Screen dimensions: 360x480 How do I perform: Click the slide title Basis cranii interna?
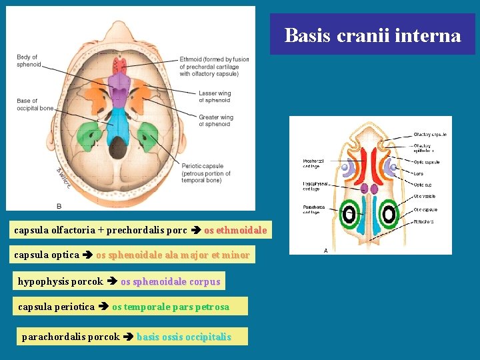tap(372, 35)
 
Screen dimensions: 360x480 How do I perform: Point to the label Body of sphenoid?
tap(28, 61)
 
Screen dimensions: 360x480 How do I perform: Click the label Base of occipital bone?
tap(35, 105)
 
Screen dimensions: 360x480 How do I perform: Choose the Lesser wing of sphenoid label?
tap(215, 97)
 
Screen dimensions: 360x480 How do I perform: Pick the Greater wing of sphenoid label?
tap(215, 121)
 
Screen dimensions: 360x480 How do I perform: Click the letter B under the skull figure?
tap(59, 205)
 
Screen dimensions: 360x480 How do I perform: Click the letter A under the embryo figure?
tap(325, 250)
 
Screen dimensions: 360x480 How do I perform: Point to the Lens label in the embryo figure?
tap(418, 173)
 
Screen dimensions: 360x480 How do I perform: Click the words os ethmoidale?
tap(235, 230)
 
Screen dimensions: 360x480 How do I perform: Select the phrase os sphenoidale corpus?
tap(170, 281)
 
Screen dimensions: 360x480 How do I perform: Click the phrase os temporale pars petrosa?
tap(170, 307)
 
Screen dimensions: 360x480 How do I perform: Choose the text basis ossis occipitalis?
tap(183, 337)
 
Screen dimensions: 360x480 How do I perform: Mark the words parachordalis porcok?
tap(71, 337)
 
